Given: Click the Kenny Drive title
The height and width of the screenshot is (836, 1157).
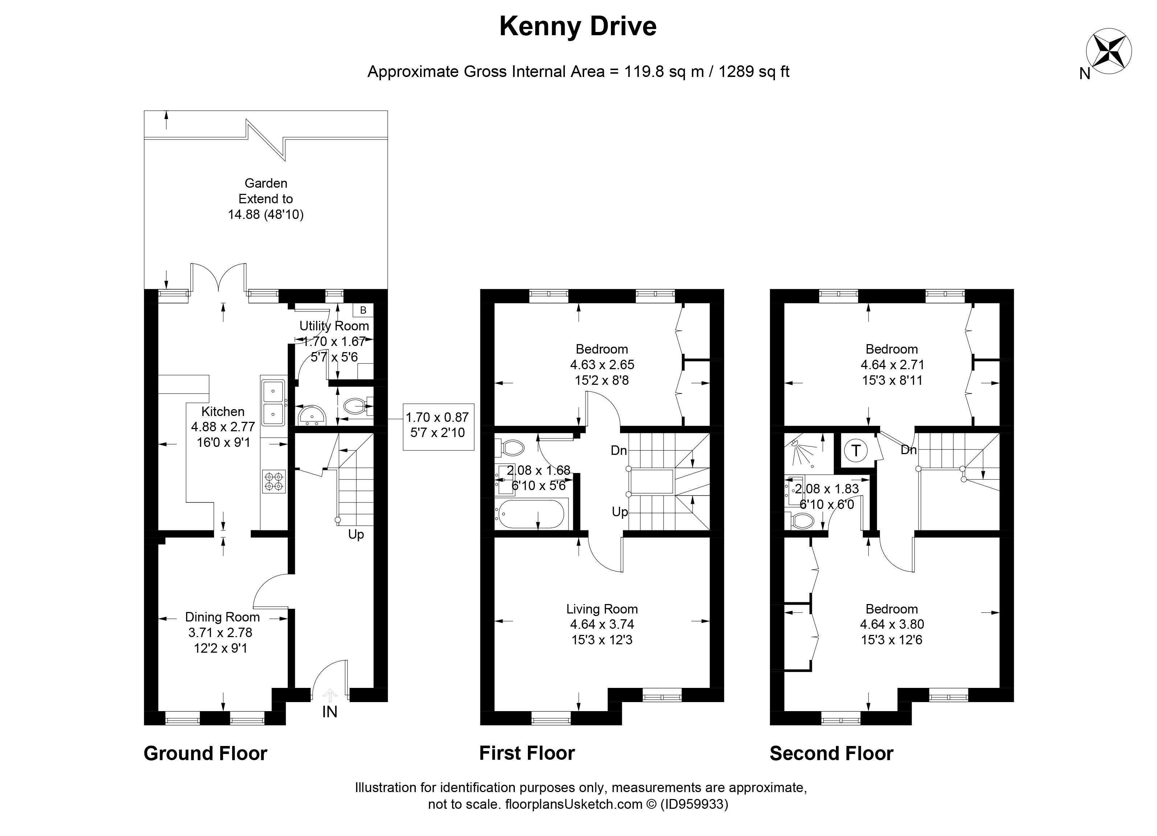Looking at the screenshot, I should pyautogui.click(x=578, y=26).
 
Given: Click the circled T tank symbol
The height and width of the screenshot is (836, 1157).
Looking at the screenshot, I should pyautogui.click(x=856, y=450).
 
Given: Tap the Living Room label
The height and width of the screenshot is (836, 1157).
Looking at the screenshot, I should pyautogui.click(x=602, y=609).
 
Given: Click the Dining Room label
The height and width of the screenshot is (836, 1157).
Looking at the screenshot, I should pyautogui.click(x=222, y=617).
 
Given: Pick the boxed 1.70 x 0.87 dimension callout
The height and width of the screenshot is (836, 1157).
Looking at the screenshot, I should pyautogui.click(x=437, y=425).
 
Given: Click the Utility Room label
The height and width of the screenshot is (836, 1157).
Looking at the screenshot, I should pyautogui.click(x=334, y=326).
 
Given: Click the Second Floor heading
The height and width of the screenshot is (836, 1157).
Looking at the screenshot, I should pyautogui.click(x=831, y=753).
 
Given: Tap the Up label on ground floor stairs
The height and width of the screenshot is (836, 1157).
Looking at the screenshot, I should pyautogui.click(x=356, y=534).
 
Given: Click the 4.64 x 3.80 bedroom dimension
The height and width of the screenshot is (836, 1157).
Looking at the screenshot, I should pyautogui.click(x=892, y=624).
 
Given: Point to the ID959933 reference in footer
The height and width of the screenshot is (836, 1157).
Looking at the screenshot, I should pyautogui.click(x=694, y=804).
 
